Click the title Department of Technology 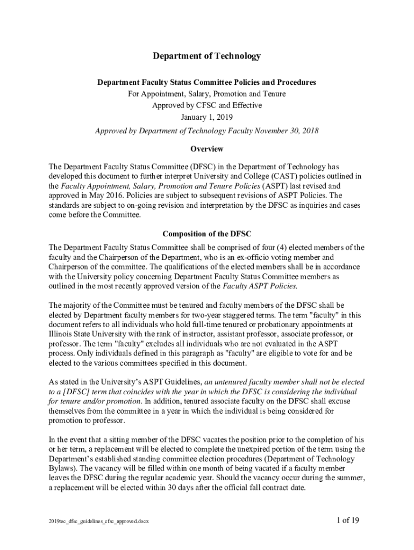[x=206, y=56]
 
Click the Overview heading [x=207, y=149]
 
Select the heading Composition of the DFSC [x=206, y=234]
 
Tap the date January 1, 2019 [x=207, y=117]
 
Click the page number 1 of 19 [x=348, y=520]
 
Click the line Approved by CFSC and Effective [x=207, y=105]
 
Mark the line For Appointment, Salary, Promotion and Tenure [x=207, y=94]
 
